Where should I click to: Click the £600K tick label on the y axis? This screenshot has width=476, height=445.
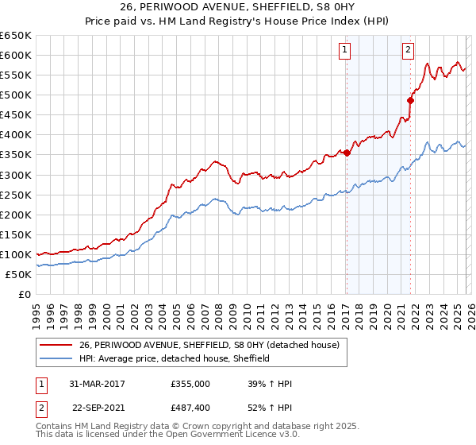(x=16, y=55)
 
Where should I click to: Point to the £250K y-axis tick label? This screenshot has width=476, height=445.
(x=16, y=195)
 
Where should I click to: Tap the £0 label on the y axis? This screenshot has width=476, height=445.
(x=24, y=294)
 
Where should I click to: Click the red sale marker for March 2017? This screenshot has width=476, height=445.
(x=347, y=153)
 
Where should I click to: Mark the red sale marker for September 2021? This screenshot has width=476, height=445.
(x=410, y=100)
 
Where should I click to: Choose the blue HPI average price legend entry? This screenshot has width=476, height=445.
(x=175, y=358)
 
